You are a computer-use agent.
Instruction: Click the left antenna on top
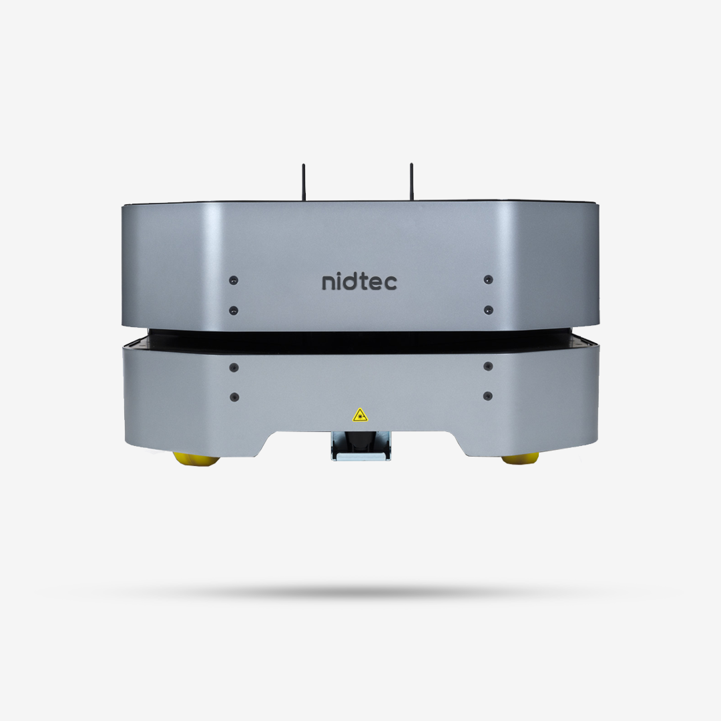[304, 182]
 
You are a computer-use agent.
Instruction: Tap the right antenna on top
[411, 182]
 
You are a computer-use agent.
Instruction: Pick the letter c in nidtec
[390, 283]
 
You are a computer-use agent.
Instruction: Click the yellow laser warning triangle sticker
[360, 415]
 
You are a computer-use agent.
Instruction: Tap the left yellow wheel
[196, 459]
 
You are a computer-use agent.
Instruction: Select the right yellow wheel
[521, 458]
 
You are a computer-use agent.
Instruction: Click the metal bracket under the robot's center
[361, 445]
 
